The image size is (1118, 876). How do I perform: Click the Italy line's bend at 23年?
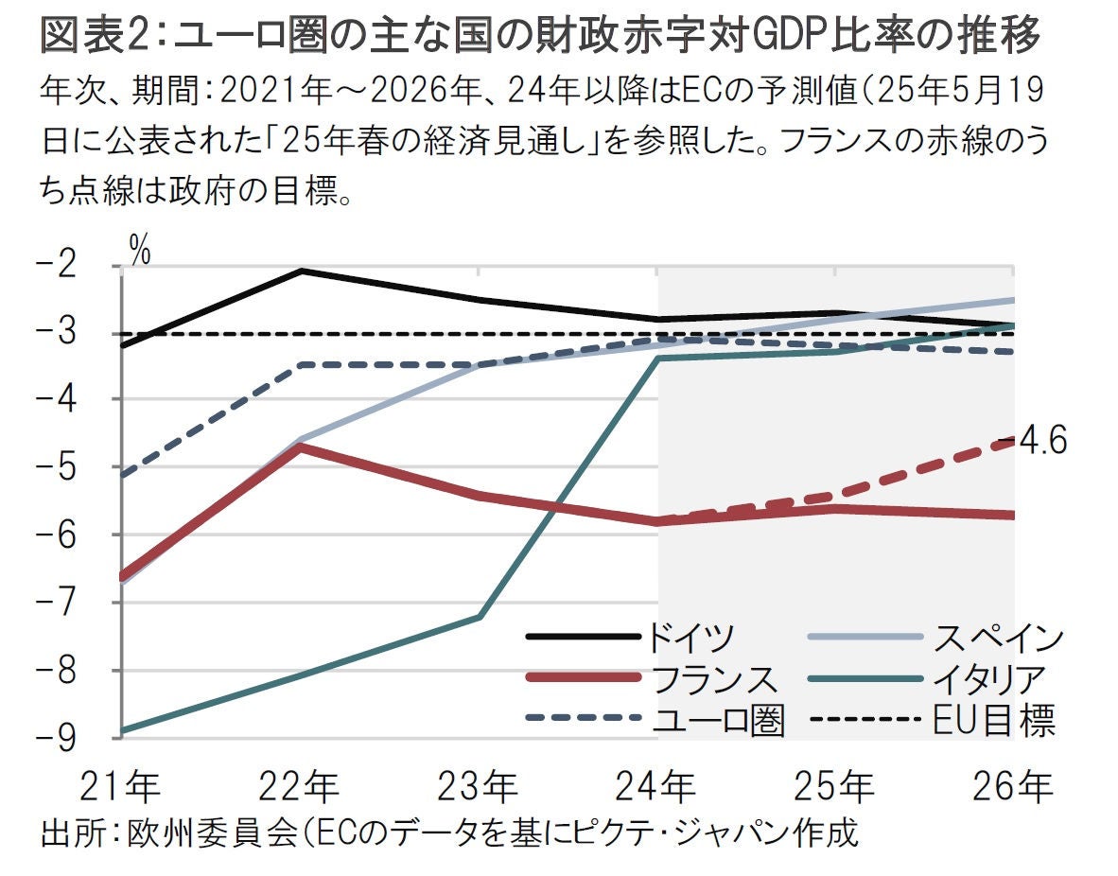click(480, 617)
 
